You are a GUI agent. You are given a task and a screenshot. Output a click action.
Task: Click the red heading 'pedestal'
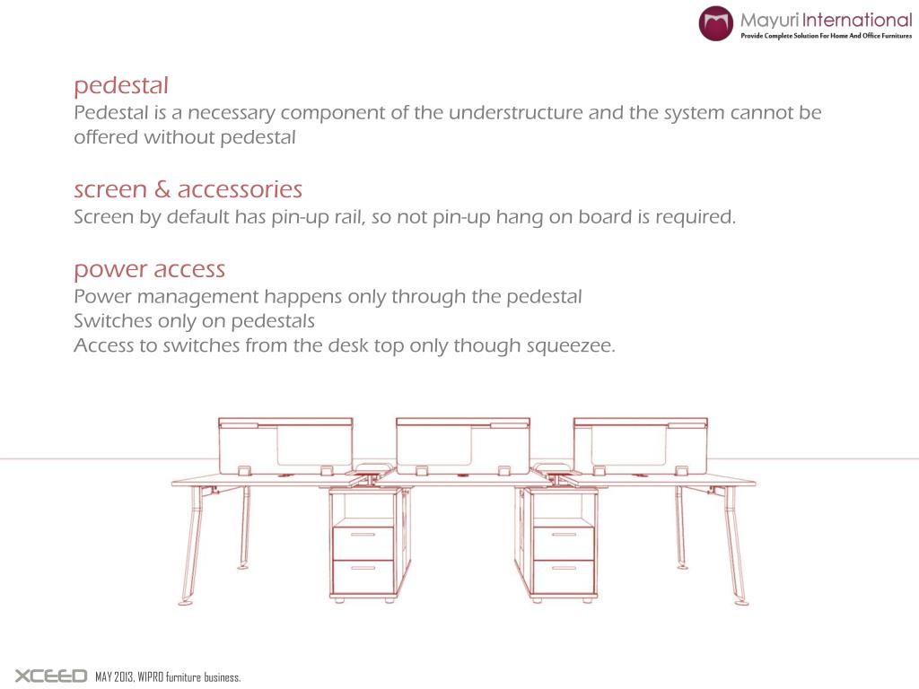pos(121,87)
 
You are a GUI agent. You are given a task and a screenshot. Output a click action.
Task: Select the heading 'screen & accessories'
pos(188,190)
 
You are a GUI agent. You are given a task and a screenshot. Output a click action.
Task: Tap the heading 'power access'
pos(149,269)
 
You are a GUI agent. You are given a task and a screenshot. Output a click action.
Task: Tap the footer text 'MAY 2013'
pos(114,677)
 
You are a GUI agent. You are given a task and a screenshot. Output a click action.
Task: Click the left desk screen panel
pos(285,445)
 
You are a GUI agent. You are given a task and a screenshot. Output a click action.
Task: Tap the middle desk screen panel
pos(463,445)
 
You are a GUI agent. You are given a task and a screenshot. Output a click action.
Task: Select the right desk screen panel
pos(641,445)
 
